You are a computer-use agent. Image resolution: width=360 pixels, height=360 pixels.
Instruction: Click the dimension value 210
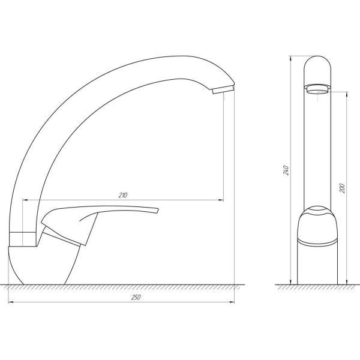[x=123, y=195]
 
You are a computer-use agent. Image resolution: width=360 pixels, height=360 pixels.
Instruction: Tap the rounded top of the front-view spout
[x=318, y=63]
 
